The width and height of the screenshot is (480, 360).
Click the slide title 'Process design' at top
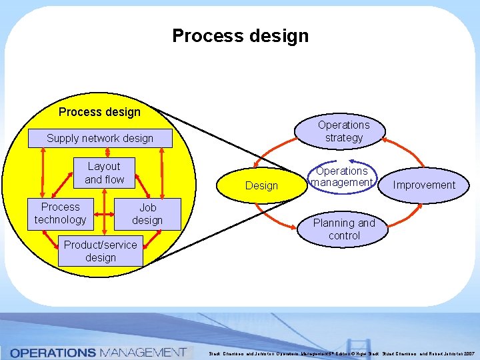click(x=240, y=35)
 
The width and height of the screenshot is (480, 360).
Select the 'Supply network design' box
click(x=100, y=139)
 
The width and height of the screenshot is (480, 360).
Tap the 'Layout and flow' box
click(x=104, y=173)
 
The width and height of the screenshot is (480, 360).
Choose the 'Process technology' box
click(x=60, y=213)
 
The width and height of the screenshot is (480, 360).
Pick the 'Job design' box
click(x=147, y=214)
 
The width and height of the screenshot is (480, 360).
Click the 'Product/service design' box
click(x=100, y=251)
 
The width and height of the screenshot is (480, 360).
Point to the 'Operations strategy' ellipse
click(x=343, y=131)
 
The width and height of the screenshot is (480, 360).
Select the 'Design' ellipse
click(x=261, y=185)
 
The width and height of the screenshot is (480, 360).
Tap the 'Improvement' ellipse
click(x=424, y=185)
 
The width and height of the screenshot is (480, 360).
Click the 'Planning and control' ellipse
click(x=344, y=229)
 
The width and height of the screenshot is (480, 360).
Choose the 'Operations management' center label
click(x=342, y=177)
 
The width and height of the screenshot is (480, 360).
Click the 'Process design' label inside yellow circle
click(x=99, y=112)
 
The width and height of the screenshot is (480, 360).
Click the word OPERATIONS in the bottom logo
click(x=53, y=352)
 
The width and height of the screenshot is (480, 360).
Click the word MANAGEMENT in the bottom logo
click(x=143, y=352)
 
